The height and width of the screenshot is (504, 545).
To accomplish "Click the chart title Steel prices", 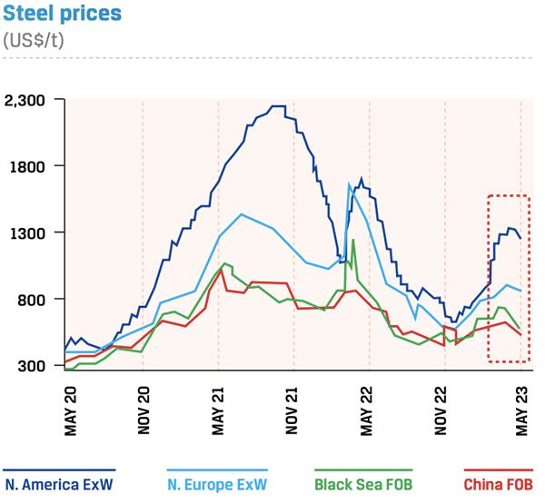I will pos(62,15).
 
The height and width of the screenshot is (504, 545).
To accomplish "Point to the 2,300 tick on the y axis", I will pos(31,100).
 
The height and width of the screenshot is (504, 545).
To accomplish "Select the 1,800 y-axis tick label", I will pos(33,166).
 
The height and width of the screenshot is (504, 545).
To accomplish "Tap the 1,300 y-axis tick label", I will pos(33,232).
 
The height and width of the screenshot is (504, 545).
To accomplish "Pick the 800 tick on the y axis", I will pos(38,299).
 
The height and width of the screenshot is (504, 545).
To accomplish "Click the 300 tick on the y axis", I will pos(38,365).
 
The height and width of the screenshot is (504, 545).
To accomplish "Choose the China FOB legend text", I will pos(498,484).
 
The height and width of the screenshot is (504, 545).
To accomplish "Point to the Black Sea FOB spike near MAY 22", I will pos(352,242).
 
